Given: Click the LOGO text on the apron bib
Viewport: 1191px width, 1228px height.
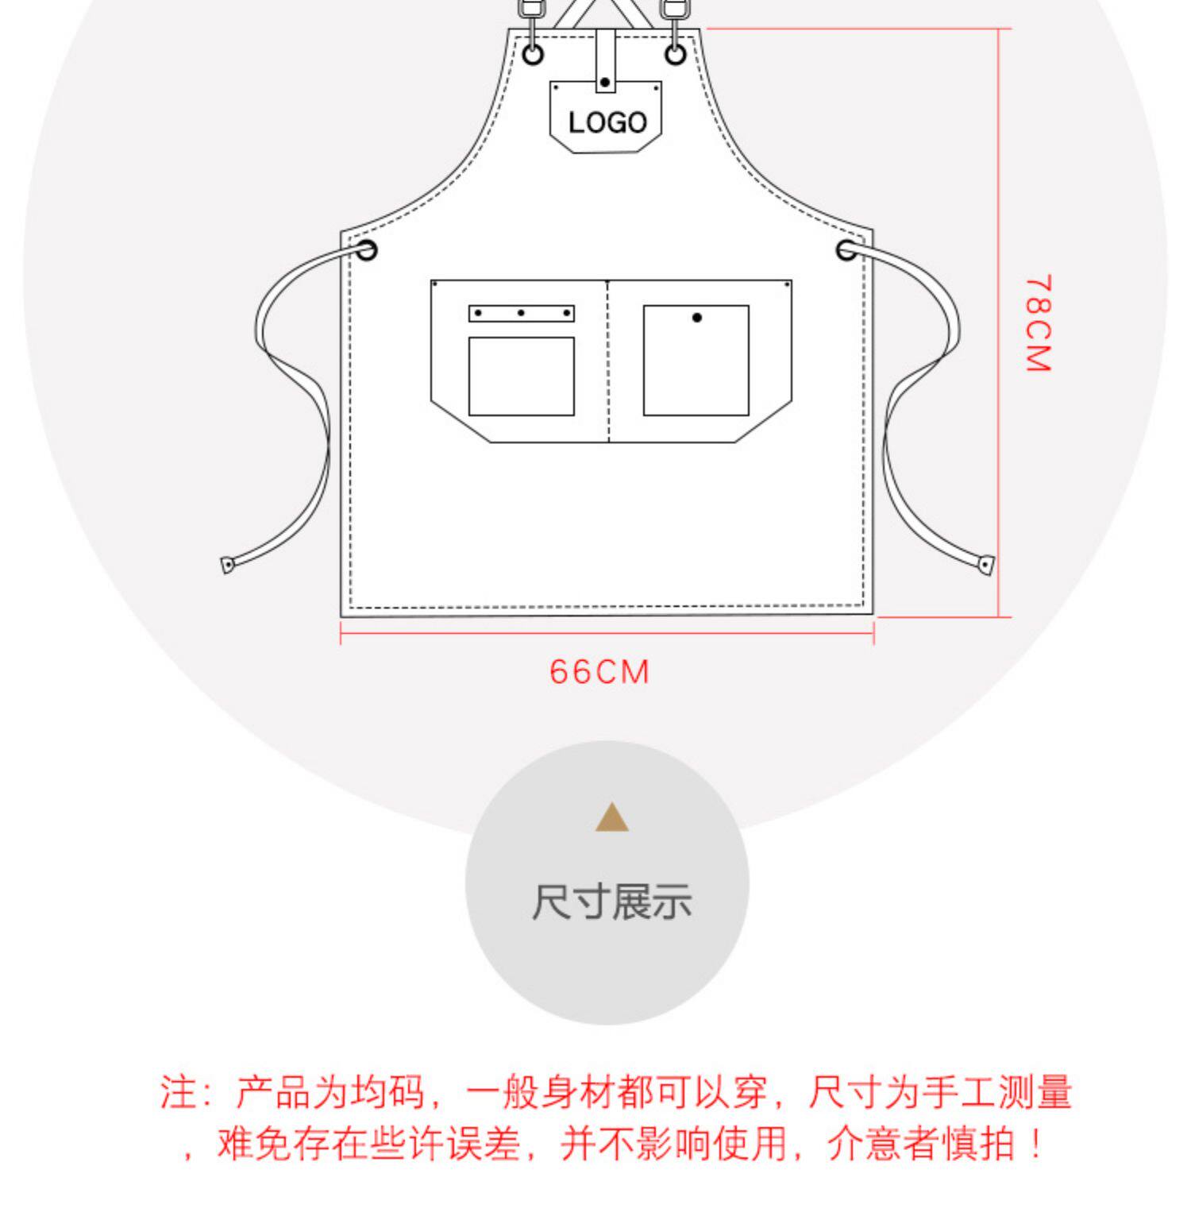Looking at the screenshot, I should [x=607, y=122].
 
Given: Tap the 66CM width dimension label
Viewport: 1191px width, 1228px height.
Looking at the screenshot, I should [x=599, y=672].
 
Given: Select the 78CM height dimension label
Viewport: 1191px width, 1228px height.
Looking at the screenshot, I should [x=1038, y=323].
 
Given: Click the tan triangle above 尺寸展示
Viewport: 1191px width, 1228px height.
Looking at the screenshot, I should [x=611, y=818].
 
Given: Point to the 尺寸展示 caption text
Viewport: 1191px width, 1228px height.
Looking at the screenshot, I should [x=611, y=902].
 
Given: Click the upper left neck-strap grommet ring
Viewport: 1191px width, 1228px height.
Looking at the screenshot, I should [x=533, y=54].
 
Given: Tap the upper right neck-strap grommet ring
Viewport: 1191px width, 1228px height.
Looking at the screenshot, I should [x=676, y=54].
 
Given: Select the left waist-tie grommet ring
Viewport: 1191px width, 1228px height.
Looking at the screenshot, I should [x=366, y=250].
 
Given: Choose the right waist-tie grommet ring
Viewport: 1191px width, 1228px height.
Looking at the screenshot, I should [x=847, y=250].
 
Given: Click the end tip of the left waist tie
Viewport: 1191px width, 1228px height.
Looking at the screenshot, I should [x=227, y=566].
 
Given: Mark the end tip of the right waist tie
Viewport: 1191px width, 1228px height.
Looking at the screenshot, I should [x=985, y=565].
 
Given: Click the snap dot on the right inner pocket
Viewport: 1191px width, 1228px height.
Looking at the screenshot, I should [x=696, y=318].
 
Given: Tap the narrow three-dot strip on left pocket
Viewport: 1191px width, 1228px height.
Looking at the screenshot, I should [x=521, y=313].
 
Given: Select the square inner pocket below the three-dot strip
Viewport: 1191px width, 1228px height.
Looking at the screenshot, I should [x=521, y=376].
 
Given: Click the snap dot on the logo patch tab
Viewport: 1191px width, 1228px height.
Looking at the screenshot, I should [x=605, y=82].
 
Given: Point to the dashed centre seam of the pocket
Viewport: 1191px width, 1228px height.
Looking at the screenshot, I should [x=608, y=361].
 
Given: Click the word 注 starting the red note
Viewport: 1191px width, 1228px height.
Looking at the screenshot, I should [x=177, y=1092].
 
